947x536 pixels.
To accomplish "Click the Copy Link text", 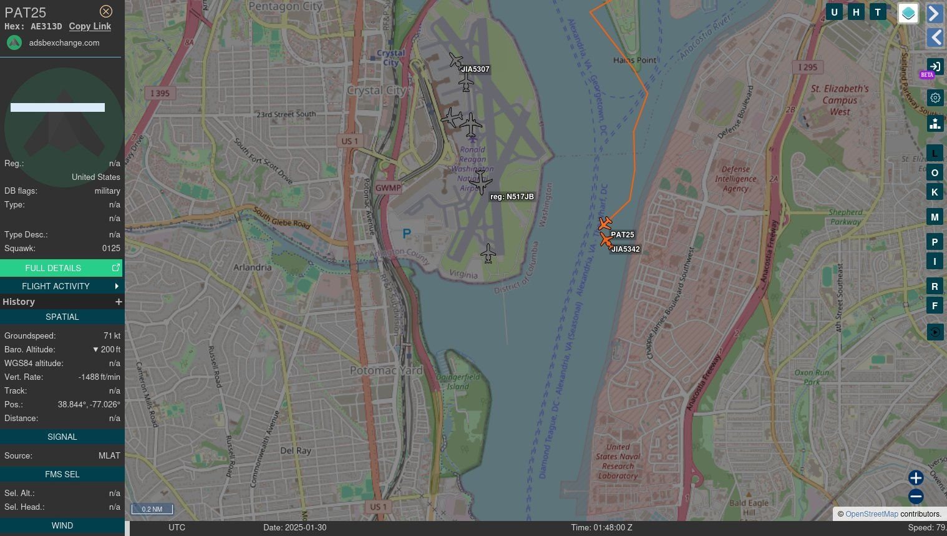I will pyautogui.click(x=90, y=26).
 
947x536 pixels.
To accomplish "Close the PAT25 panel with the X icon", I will pyautogui.click(x=106, y=11).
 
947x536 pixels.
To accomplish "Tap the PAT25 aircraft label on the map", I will pyautogui.click(x=622, y=235).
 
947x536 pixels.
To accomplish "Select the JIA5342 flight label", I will pyautogui.click(x=625, y=249).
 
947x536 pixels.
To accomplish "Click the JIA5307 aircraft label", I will pyautogui.click(x=475, y=69).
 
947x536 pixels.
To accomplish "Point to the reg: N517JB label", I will pyautogui.click(x=512, y=197).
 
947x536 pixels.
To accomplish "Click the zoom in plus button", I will pyautogui.click(x=915, y=478).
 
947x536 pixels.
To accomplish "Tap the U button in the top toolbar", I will pyautogui.click(x=834, y=12).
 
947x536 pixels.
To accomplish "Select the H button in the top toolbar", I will pyautogui.click(x=856, y=12).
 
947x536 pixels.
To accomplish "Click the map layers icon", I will pyautogui.click(x=908, y=12).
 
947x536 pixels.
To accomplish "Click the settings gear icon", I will pyautogui.click(x=935, y=97).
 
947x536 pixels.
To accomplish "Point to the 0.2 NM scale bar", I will pyautogui.click(x=152, y=509).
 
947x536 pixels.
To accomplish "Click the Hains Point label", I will pyautogui.click(x=634, y=61).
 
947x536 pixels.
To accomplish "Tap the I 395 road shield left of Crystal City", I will pyautogui.click(x=160, y=93).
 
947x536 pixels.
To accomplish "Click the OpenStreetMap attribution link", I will pyautogui.click(x=872, y=514).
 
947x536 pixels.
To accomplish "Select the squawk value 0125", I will pyautogui.click(x=111, y=249).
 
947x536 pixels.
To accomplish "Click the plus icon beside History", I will pyautogui.click(x=119, y=302).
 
